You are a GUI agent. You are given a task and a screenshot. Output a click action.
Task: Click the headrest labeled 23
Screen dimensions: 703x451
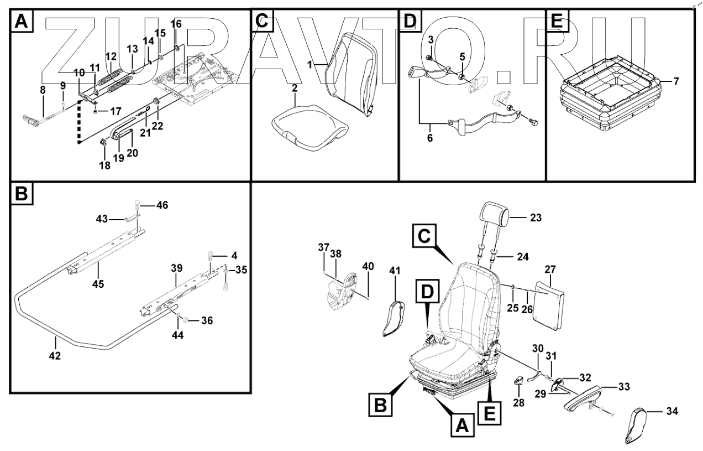pyautogui.click(x=494, y=214)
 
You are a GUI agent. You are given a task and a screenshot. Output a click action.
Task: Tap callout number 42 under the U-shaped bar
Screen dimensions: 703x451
pyautogui.click(x=55, y=356)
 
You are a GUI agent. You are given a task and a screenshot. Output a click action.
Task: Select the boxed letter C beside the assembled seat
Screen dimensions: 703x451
pyautogui.click(x=424, y=236)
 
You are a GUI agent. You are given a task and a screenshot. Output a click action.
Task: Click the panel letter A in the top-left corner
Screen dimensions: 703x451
pyautogui.click(x=22, y=20)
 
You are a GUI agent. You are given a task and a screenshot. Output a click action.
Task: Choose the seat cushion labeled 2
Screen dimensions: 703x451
pyautogui.click(x=309, y=127)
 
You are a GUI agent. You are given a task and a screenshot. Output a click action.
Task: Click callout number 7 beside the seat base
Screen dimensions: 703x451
pyautogui.click(x=676, y=81)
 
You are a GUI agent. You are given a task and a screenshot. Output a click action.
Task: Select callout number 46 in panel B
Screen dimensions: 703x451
pyautogui.click(x=162, y=205)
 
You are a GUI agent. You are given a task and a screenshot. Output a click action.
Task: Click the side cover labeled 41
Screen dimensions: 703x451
pyautogui.click(x=394, y=318)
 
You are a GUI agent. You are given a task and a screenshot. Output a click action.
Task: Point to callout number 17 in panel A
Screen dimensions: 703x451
pyautogui.click(x=115, y=111)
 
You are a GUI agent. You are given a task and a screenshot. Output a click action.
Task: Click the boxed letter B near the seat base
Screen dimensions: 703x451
pyautogui.click(x=381, y=405)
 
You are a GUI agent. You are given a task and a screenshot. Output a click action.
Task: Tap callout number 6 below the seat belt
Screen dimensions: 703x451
pyautogui.click(x=429, y=138)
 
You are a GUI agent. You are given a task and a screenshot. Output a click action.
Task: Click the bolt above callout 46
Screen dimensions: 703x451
pyautogui.click(x=138, y=206)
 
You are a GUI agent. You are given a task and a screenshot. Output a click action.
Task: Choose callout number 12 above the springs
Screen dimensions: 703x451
pyautogui.click(x=111, y=56)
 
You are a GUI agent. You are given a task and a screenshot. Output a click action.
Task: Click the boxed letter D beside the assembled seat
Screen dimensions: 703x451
pyautogui.click(x=427, y=291)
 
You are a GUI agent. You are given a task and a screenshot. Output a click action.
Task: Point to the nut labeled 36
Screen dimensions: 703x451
pyautogui.click(x=185, y=320)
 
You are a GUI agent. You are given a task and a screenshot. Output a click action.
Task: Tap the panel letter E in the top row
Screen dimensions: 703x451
pyautogui.click(x=557, y=20)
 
